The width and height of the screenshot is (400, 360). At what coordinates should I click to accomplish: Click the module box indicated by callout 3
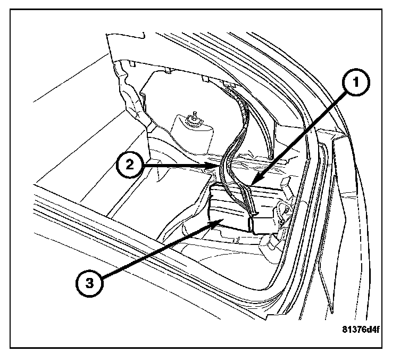(x=229, y=210)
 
